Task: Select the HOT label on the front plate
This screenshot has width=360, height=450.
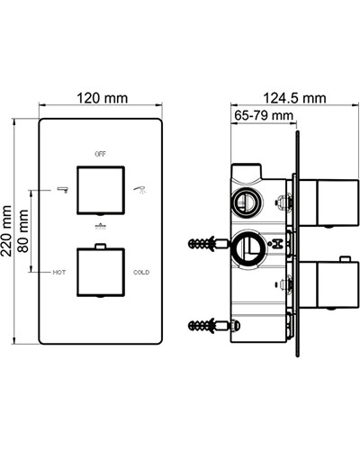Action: (58, 271)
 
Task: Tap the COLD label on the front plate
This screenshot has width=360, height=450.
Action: (141, 271)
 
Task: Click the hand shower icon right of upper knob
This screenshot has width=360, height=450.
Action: (140, 189)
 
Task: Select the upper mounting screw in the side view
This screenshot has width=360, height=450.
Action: (205, 243)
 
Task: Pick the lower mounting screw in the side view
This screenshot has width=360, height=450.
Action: (205, 325)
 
